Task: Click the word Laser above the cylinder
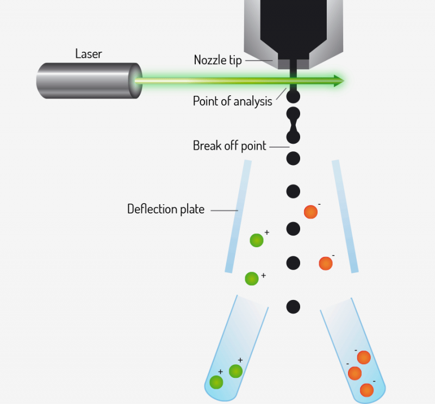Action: [89, 54]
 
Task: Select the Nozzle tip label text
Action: [217, 60]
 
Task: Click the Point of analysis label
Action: [232, 101]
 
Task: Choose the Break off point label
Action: [229, 146]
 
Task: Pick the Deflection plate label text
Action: [165, 209]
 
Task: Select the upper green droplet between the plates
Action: [257, 240]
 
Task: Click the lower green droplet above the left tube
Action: [251, 278]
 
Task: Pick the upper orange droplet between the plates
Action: [310, 212]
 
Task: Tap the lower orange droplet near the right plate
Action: [325, 263]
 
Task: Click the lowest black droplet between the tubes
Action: [293, 307]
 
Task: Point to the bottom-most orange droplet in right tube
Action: [366, 390]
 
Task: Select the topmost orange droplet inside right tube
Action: [363, 357]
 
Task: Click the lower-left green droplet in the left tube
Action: [216, 382]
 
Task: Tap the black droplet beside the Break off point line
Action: [293, 158]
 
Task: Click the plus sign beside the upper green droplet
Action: [267, 232]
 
